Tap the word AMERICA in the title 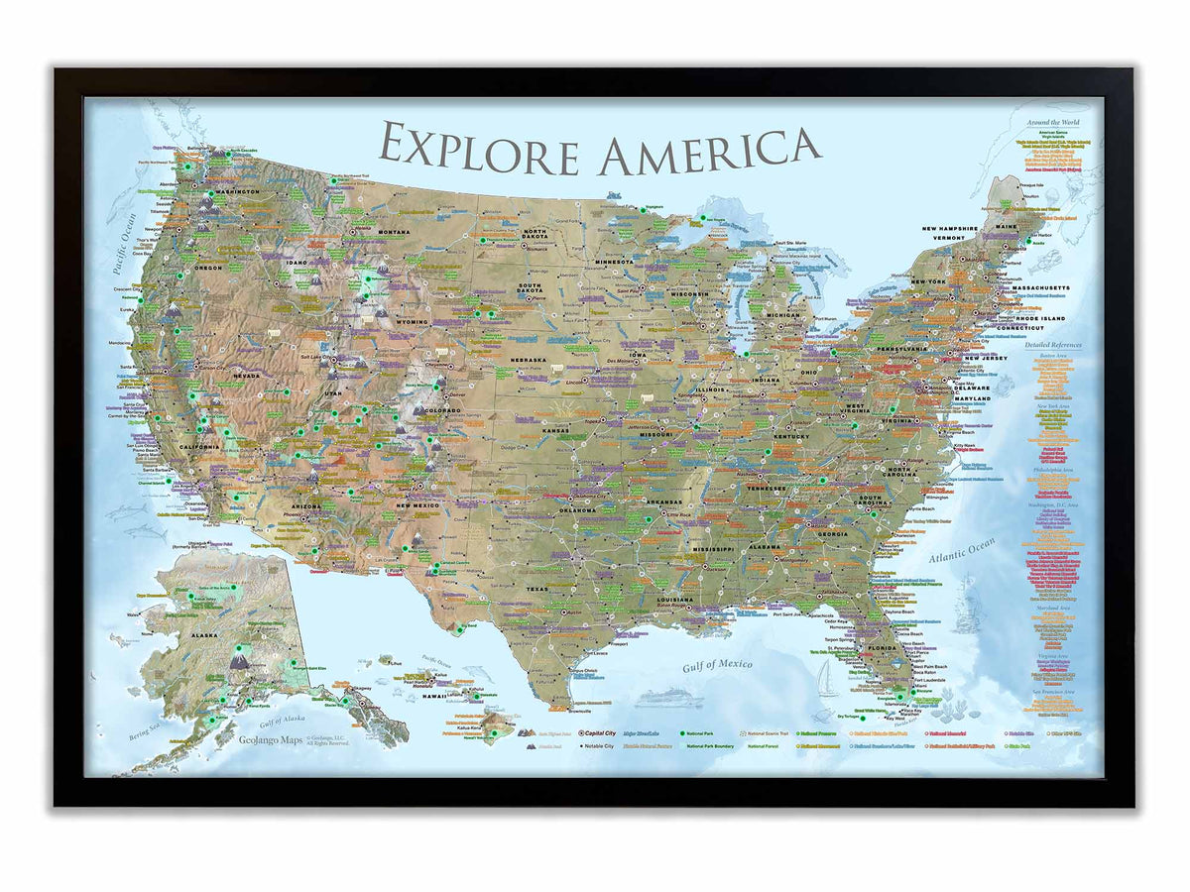tap(710, 149)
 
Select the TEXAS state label tap(536, 589)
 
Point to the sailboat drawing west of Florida tap(826, 679)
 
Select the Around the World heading tap(1052, 122)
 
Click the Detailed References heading tap(1052, 345)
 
